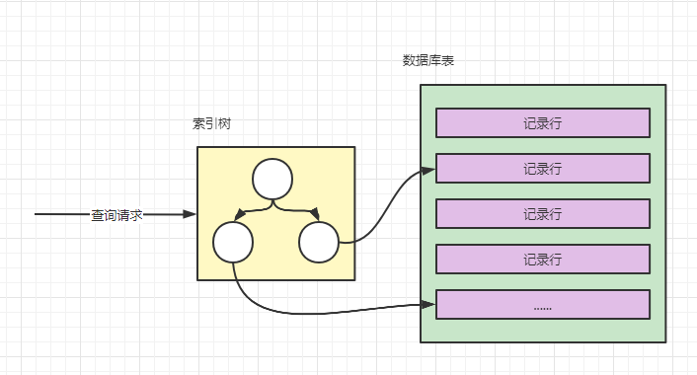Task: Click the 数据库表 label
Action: (428, 60)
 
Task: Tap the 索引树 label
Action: (211, 123)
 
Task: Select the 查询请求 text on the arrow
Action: (116, 215)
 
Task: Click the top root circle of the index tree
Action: (272, 179)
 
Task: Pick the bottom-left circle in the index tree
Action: (233, 243)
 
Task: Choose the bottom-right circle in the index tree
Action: (319, 243)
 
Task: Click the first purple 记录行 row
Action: (543, 122)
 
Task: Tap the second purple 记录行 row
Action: (543, 169)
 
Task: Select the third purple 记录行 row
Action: (543, 214)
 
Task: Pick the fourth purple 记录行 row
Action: (543, 259)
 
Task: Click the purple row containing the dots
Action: (543, 304)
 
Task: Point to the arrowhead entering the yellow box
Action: (190, 214)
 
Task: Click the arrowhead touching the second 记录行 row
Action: (428, 170)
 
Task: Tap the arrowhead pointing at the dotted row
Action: (428, 304)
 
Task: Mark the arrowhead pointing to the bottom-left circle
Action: (240, 214)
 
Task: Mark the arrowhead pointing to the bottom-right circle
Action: (315, 214)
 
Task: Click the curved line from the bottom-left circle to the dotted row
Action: (311, 314)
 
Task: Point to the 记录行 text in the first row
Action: (542, 123)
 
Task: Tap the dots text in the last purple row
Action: (542, 308)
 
